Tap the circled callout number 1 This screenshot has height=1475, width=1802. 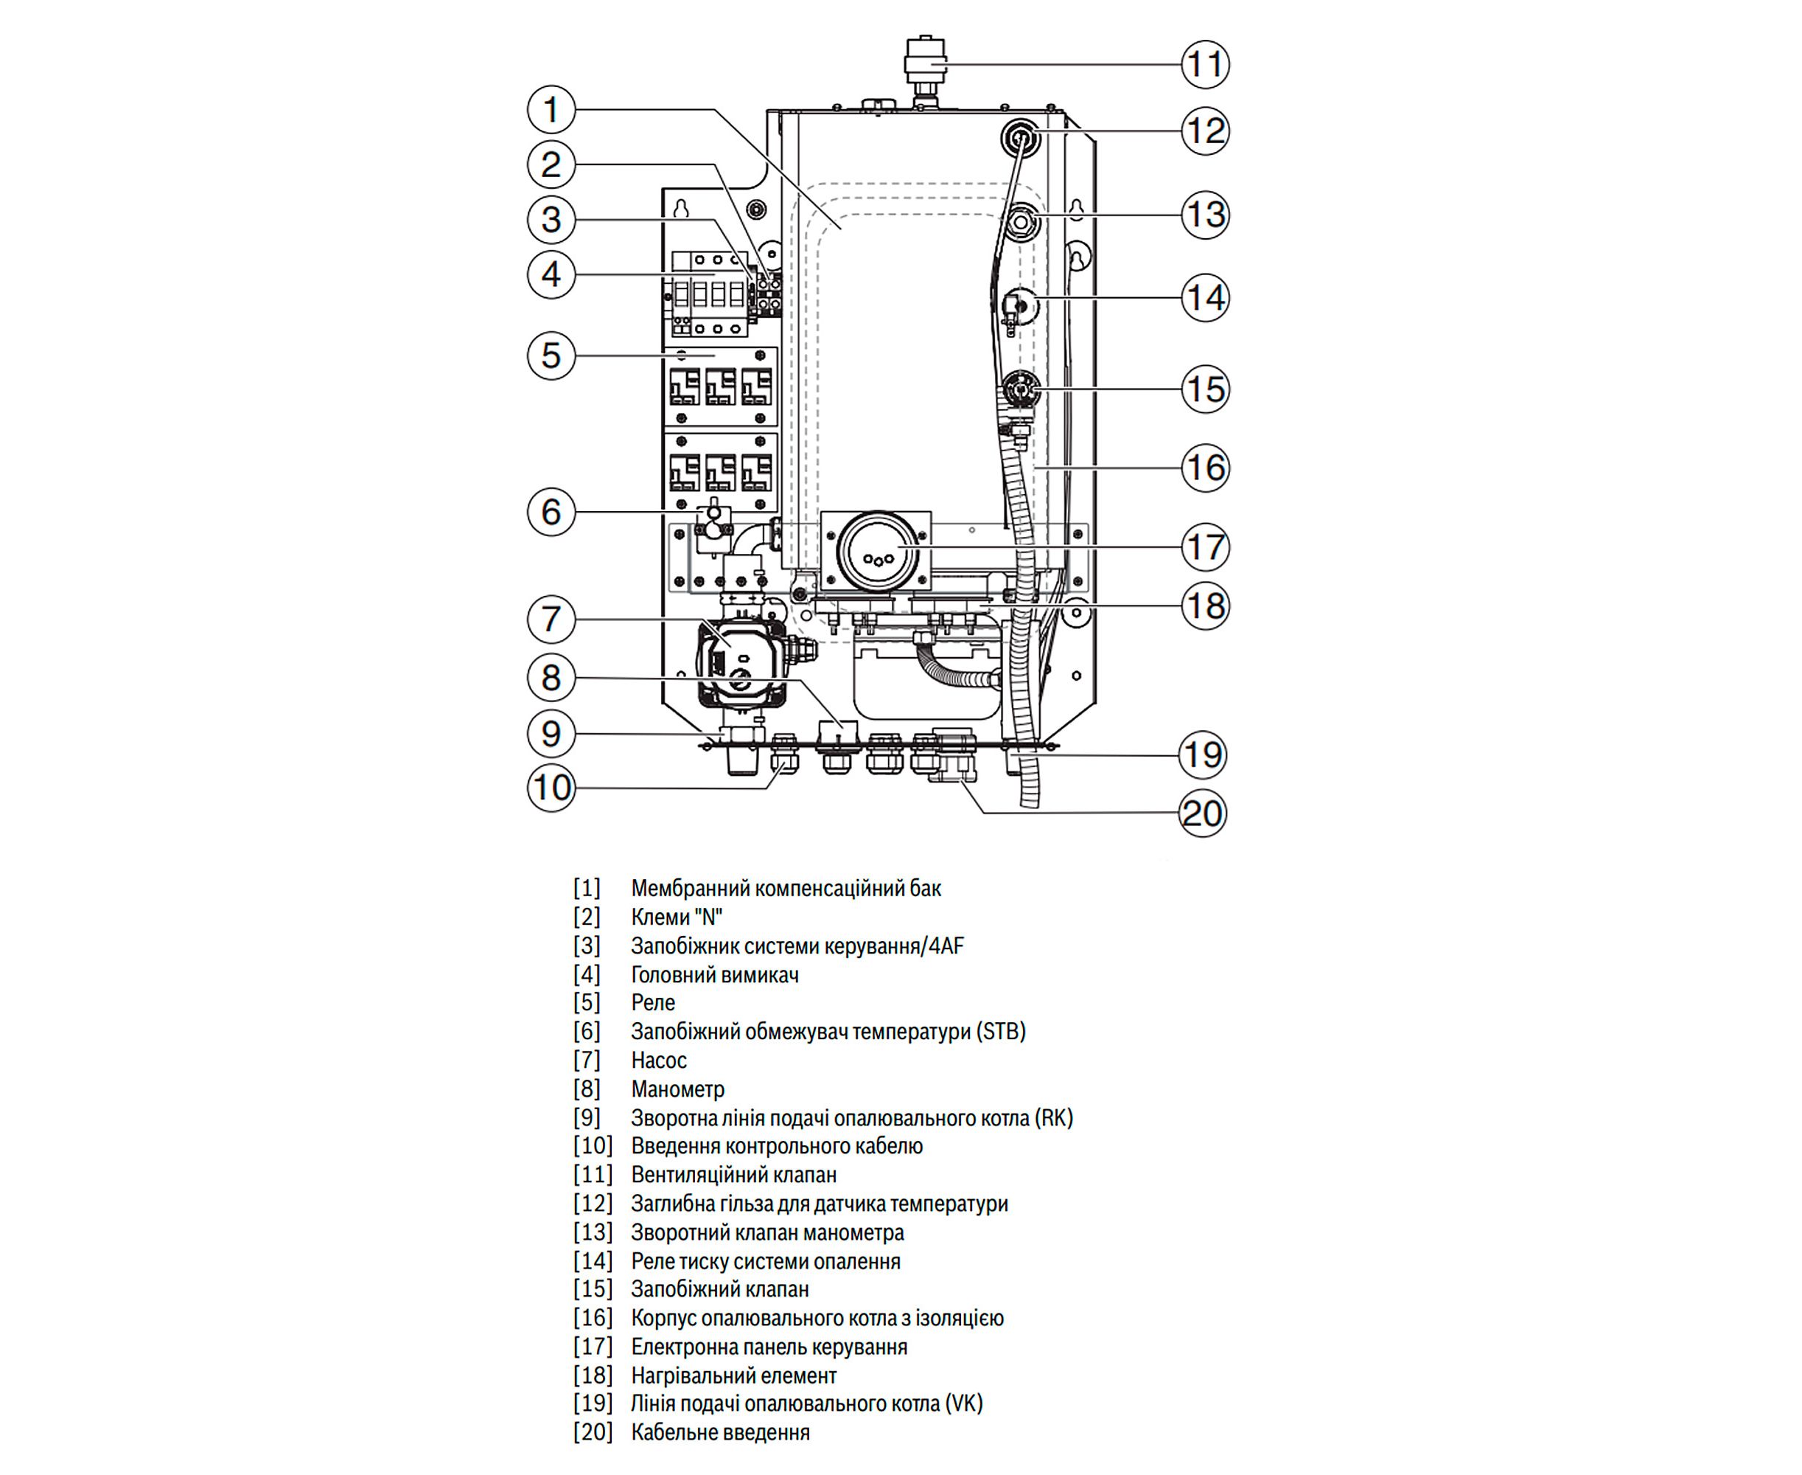(551, 110)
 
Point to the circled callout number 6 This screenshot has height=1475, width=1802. (551, 513)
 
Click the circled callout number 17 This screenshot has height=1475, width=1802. (1205, 547)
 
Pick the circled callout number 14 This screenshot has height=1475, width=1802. (1205, 298)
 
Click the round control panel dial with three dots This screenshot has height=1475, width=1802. (877, 552)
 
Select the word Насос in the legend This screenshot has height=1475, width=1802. (658, 1061)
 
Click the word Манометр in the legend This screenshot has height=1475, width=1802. (677, 1089)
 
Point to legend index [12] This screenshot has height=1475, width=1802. (592, 1203)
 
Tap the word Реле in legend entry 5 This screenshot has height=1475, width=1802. (652, 1002)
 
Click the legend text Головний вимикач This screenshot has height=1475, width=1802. (714, 974)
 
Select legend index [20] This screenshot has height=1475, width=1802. (592, 1431)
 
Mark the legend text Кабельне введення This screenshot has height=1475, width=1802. (720, 1431)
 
